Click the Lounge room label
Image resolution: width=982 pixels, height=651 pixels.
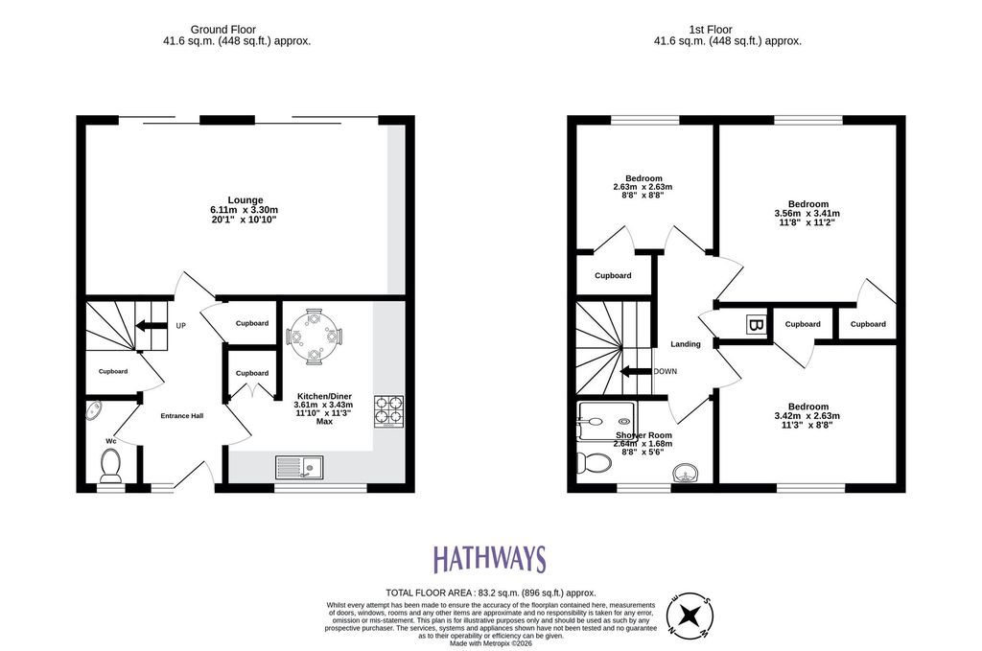(245, 200)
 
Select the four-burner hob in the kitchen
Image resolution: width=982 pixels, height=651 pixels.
(389, 412)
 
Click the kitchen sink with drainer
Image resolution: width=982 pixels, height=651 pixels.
(299, 467)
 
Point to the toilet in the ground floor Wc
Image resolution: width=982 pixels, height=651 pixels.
(111, 467)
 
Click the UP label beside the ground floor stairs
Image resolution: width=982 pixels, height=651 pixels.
(181, 326)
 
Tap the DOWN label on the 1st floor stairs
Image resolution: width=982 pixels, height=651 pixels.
(666, 371)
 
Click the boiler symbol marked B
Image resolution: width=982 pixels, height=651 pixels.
(756, 325)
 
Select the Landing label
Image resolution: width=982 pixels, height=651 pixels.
(685, 343)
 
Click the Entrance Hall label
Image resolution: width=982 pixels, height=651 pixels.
(181, 416)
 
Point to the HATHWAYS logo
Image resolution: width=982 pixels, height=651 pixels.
(490, 559)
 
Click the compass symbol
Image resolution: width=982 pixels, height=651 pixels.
(690, 615)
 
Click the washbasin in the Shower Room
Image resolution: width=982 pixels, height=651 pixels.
(687, 474)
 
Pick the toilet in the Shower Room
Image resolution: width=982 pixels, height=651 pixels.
(594, 462)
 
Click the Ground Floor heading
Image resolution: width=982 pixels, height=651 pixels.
(222, 30)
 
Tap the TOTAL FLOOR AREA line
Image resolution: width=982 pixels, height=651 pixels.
(490, 593)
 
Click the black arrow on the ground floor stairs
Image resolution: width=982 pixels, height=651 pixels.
(152, 325)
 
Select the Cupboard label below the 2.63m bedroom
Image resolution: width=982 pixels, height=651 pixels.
(613, 275)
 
